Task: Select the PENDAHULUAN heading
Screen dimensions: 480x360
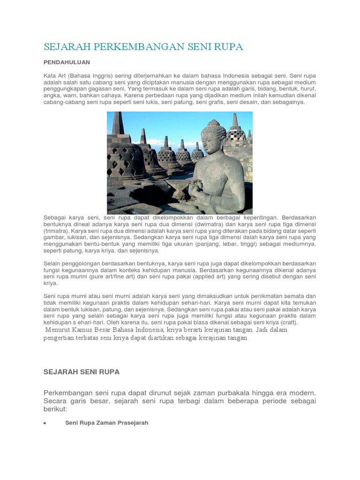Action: [x=67, y=62]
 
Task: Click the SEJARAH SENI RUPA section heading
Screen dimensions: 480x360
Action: [x=82, y=372]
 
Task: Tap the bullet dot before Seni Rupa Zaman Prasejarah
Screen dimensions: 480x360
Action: [x=44, y=423]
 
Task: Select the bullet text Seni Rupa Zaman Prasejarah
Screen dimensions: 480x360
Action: [x=106, y=423]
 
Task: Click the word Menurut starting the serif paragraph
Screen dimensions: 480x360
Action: [x=57, y=330]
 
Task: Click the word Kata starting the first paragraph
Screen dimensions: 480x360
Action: [x=50, y=75]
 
